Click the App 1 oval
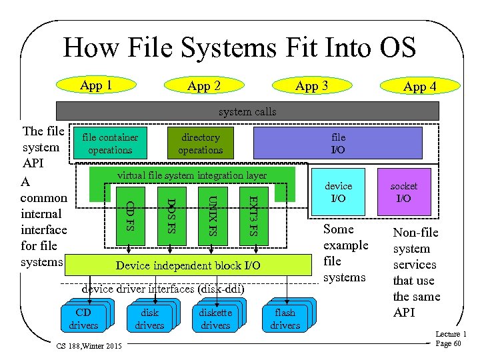pos(96,85)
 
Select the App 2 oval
pos(204,86)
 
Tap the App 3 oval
pos(311,86)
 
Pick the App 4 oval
pos(419,87)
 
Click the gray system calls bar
pos(247,111)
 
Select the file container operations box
pos(110,143)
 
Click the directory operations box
pos(200,143)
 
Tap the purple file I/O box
pos(338,143)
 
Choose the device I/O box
pos(338,193)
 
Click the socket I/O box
pos(404,193)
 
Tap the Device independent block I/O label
pos(188,265)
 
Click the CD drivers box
pos(83,319)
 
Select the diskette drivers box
pos(215,319)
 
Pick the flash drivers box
pos(285,319)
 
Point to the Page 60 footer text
pos(447,343)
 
